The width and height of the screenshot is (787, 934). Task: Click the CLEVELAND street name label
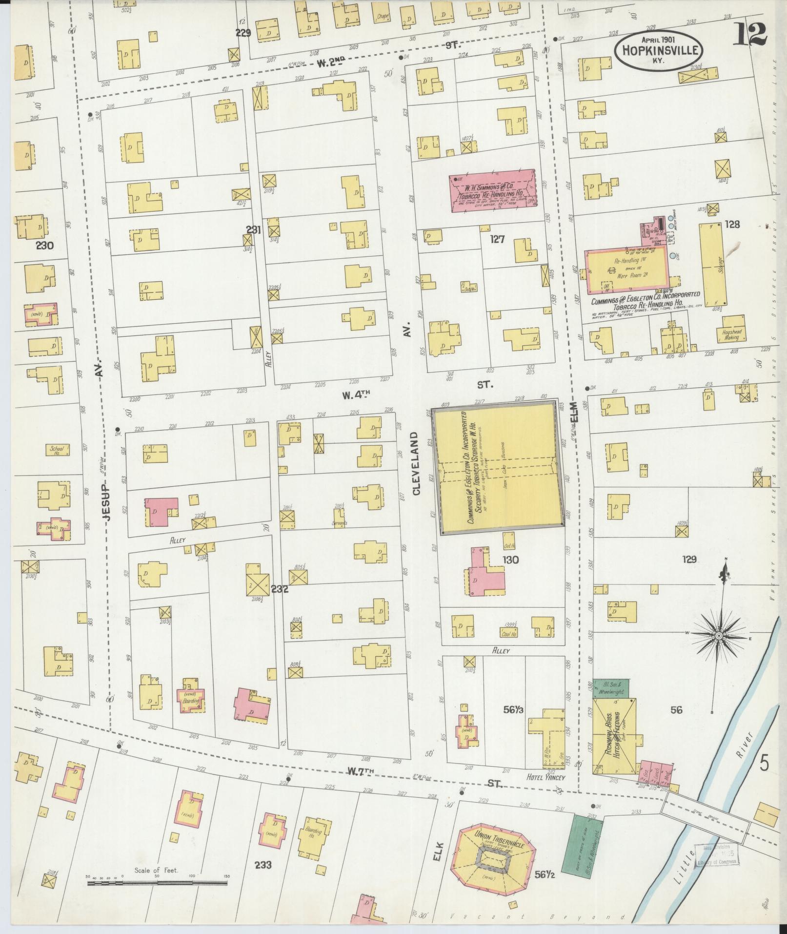click(416, 463)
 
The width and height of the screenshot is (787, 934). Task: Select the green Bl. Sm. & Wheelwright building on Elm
click(610, 688)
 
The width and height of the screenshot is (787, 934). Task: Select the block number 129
click(689, 559)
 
